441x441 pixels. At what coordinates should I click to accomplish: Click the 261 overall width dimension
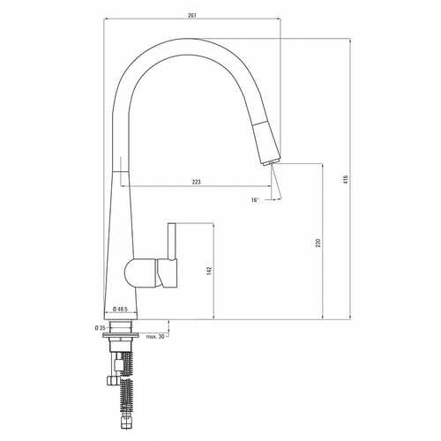pyautogui.click(x=192, y=16)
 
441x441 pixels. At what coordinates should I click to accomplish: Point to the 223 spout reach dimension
pyautogui.click(x=197, y=182)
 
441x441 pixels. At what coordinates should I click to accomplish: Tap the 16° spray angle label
pyautogui.click(x=255, y=200)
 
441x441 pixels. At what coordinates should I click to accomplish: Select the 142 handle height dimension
pyautogui.click(x=209, y=271)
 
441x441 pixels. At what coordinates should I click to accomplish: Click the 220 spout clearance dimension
pyautogui.click(x=318, y=243)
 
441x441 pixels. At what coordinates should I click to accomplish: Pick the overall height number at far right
pyautogui.click(x=346, y=179)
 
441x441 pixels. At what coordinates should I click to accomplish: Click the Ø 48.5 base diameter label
pyautogui.click(x=120, y=309)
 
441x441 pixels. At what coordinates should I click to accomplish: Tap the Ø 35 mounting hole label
pyautogui.click(x=101, y=328)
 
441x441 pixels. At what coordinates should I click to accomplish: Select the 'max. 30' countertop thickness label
pyautogui.click(x=155, y=337)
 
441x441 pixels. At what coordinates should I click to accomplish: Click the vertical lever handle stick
pyautogui.click(x=172, y=242)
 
